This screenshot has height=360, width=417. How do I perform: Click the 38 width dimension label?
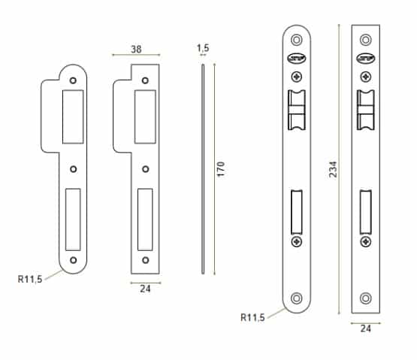pyautogui.click(x=136, y=49)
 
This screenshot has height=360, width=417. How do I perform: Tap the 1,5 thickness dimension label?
pyautogui.click(x=203, y=48)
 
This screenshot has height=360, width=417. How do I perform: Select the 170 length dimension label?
pyautogui.click(x=221, y=169)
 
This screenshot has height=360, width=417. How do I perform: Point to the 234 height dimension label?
pyautogui.click(x=333, y=169)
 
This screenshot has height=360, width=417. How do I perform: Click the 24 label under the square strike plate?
pyautogui.click(x=145, y=289)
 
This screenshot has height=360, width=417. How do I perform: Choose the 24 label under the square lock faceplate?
pyautogui.click(x=366, y=328)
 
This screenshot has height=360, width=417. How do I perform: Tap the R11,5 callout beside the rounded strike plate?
pyautogui.click(x=30, y=279)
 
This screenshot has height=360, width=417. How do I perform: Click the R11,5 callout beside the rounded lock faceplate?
pyautogui.click(x=252, y=317)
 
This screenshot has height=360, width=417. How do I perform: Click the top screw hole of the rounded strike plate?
pyautogui.click(x=73, y=80)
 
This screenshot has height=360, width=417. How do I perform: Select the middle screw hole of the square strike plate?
pyautogui.click(x=146, y=169)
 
